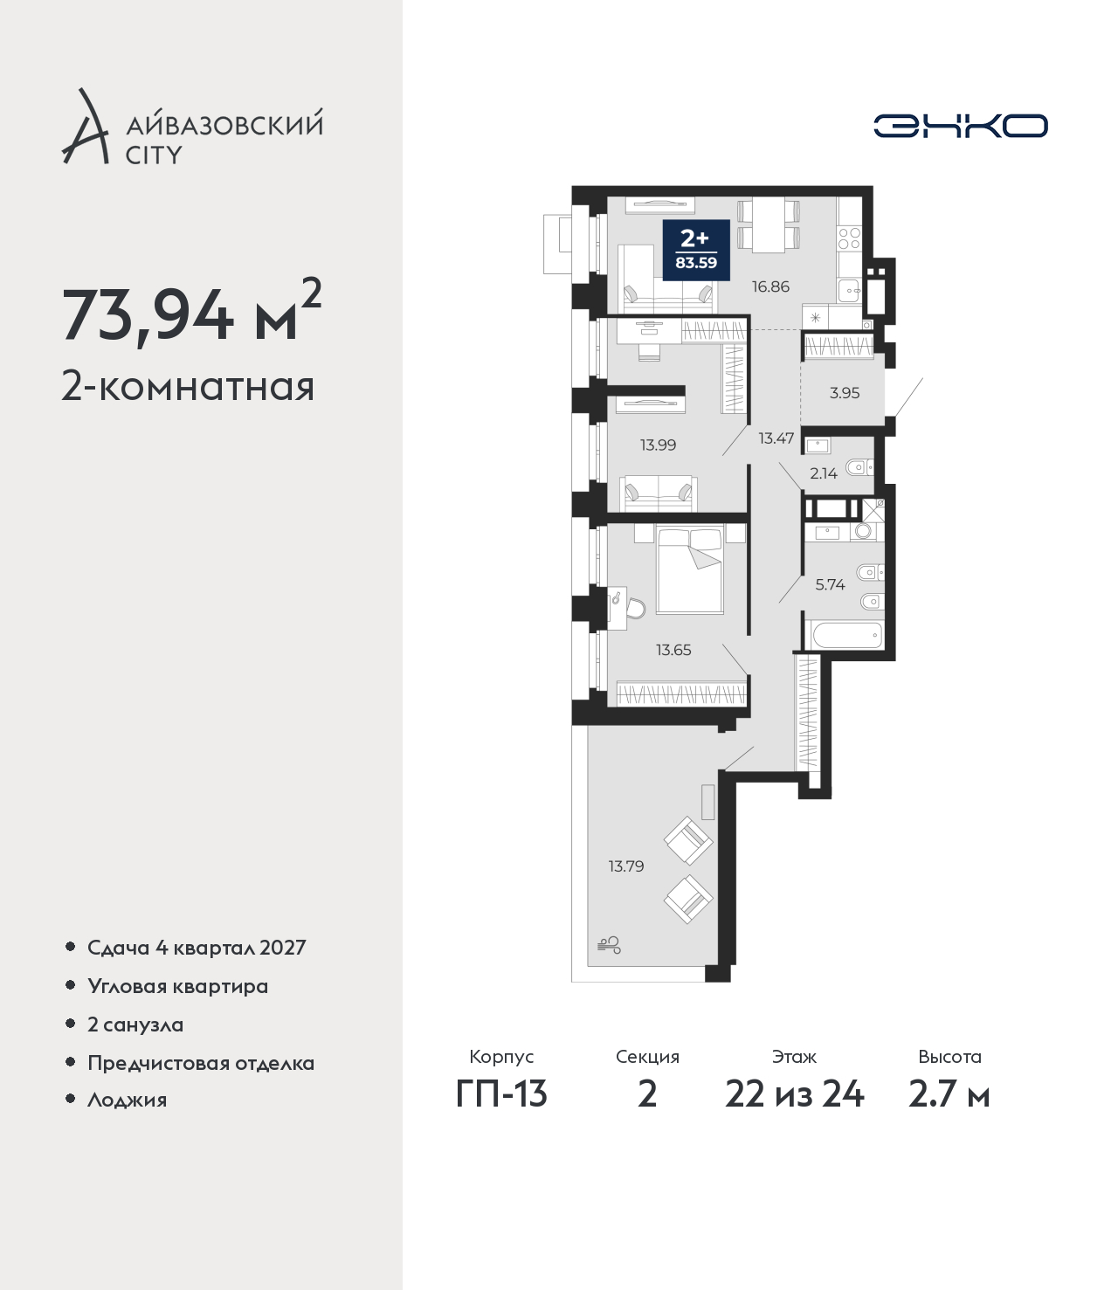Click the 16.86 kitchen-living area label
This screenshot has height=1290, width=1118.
point(770,286)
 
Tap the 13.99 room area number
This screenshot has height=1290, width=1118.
point(658,445)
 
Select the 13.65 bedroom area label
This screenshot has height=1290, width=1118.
point(673,650)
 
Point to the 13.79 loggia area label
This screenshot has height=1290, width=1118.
point(626,866)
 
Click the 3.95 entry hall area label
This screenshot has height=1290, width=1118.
point(845,393)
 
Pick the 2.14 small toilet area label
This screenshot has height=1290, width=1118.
point(824,473)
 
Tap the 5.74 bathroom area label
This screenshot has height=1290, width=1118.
point(831,585)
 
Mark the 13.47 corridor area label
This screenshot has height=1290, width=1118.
point(776,438)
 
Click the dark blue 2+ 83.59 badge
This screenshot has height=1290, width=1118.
point(696,251)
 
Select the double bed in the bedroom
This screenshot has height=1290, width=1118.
point(689,569)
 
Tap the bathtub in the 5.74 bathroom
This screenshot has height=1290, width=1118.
point(846,635)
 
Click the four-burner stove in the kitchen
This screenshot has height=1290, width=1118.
point(849,238)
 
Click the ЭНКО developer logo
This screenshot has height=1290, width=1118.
point(960,126)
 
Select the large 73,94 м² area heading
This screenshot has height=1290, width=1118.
point(192,314)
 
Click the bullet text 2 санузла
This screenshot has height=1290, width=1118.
point(135,1024)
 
